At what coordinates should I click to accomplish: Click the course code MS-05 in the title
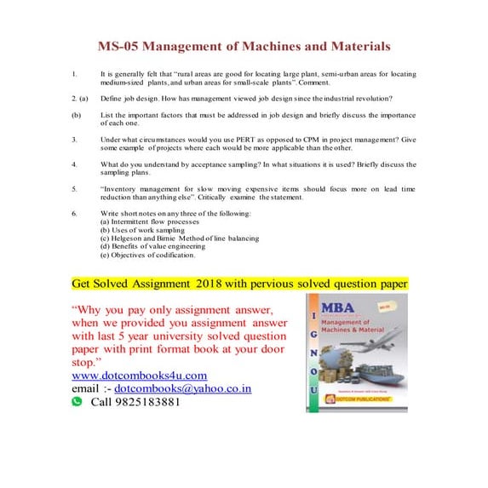[x=118, y=45]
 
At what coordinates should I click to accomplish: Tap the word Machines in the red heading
[x=270, y=45]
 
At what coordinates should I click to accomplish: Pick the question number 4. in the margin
[x=75, y=163]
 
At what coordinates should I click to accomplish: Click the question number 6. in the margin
[x=75, y=211]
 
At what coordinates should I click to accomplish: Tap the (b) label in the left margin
[x=77, y=112]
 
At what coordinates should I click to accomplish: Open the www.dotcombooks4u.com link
[x=139, y=375]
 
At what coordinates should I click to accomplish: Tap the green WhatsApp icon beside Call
[x=77, y=401]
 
